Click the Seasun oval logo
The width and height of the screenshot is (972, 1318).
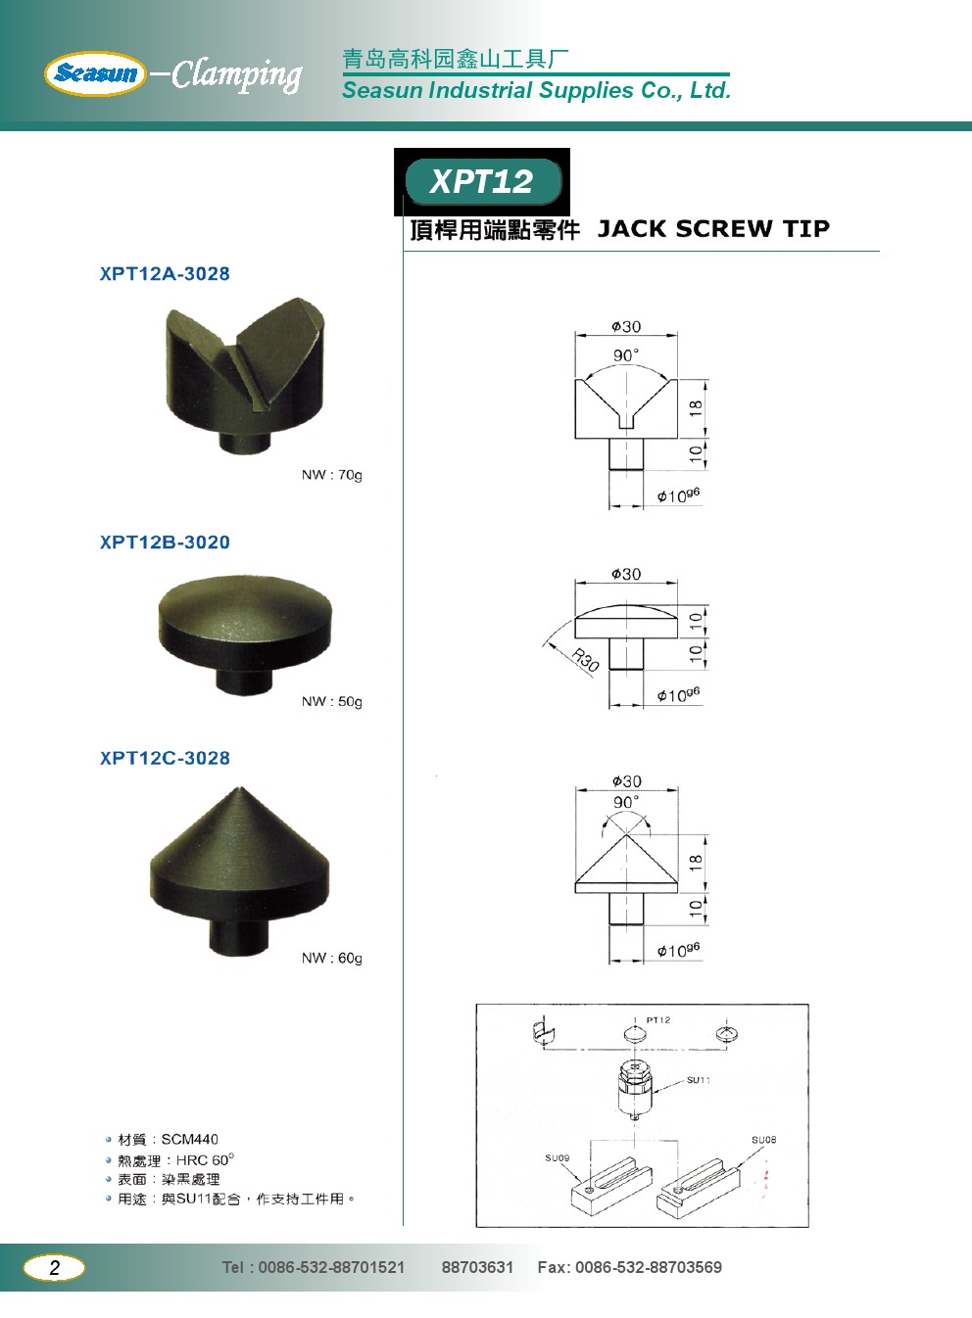[95, 73]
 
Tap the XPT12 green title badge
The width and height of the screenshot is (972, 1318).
[483, 181]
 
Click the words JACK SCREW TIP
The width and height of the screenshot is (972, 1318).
[713, 229]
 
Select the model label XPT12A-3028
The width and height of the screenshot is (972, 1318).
[165, 273]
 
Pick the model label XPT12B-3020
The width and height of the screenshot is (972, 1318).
[165, 541]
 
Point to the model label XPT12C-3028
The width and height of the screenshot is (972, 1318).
[165, 758]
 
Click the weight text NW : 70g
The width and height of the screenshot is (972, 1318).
[331, 475]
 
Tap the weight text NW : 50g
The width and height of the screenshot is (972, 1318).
[331, 701]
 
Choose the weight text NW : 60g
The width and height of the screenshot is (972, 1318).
[331, 958]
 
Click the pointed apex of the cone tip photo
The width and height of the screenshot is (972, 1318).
[238, 787]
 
